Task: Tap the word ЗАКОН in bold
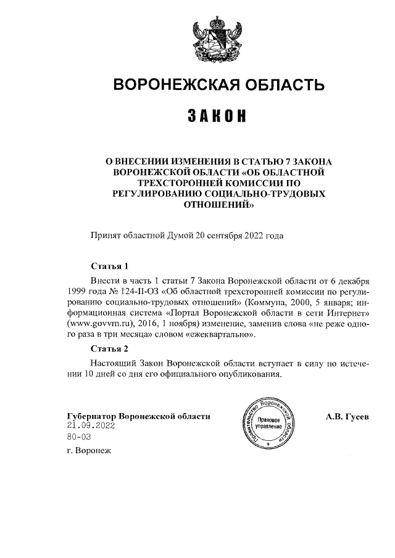click(217, 116)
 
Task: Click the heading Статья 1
click(109, 267)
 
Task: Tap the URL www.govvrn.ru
click(96, 324)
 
